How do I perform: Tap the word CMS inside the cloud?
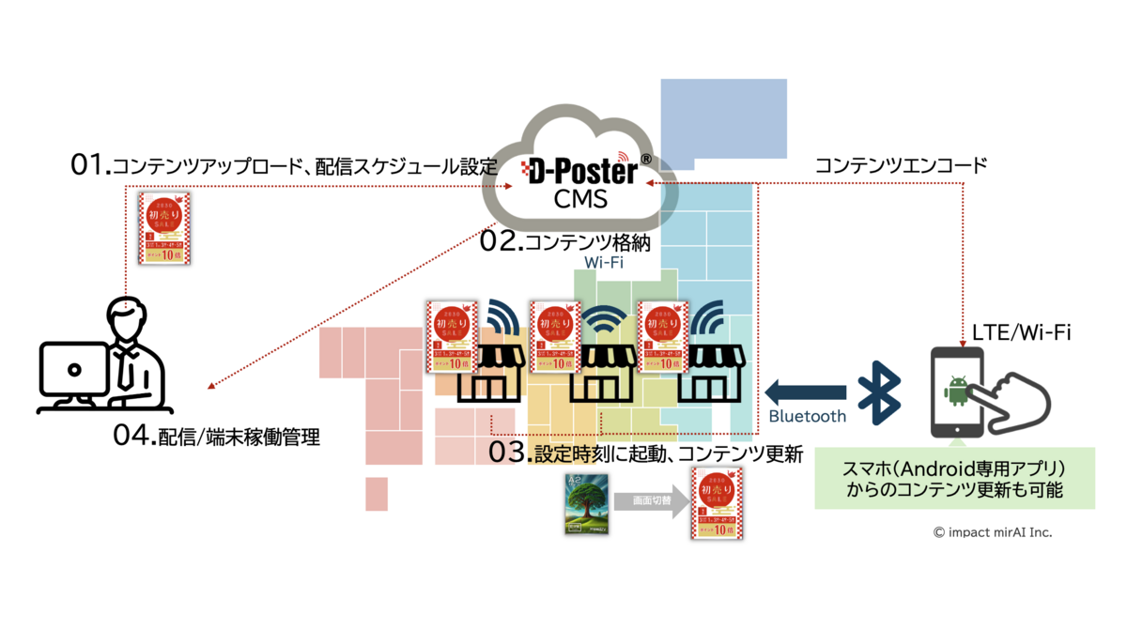[580, 200]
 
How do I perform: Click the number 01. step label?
[91, 166]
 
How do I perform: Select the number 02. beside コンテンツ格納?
[501, 241]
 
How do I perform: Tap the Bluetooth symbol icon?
[880, 389]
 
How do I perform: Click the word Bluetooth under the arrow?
[807, 416]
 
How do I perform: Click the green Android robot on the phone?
[958, 390]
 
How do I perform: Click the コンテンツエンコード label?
[901, 166]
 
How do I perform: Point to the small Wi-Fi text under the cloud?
[604, 264]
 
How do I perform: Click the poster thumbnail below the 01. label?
[164, 229]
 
